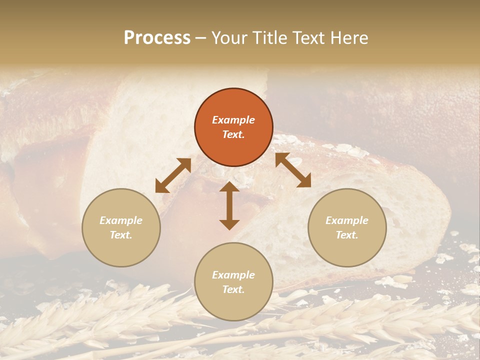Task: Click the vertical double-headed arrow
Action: click(229, 205)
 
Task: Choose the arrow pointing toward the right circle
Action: click(293, 170)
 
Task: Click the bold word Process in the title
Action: click(157, 38)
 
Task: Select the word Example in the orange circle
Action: click(233, 120)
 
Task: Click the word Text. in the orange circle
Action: click(233, 134)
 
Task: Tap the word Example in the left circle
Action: click(121, 220)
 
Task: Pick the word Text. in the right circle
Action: click(347, 235)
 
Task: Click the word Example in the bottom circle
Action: click(233, 275)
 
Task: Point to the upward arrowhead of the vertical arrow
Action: click(229, 188)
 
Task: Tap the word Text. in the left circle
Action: click(121, 235)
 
